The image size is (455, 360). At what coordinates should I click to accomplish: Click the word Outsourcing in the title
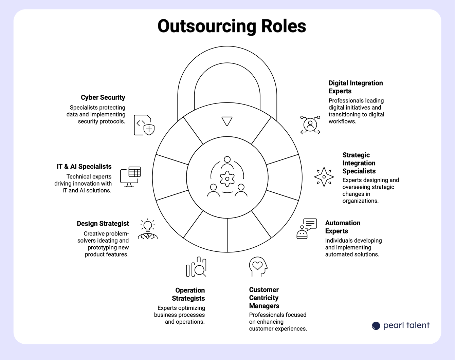[206, 26]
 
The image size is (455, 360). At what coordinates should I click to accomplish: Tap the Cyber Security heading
[103, 97]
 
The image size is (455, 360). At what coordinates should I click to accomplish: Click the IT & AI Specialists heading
[84, 167]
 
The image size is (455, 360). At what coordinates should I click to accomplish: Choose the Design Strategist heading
[103, 224]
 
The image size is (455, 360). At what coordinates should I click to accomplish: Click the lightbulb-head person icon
[148, 229]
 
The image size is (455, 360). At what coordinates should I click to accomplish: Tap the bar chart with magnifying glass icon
[196, 267]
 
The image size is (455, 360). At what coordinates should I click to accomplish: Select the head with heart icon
[258, 267]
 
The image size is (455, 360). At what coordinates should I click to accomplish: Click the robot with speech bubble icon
[306, 229]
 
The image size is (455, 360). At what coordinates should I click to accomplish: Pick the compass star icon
[324, 177]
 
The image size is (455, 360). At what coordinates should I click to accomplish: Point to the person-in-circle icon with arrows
[310, 125]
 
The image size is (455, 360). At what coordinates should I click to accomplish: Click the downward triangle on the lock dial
[227, 121]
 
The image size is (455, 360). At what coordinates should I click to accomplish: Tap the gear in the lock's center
[227, 178]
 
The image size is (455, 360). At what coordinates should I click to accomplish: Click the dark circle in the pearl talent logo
[376, 326]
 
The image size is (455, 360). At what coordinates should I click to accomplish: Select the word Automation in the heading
[343, 223]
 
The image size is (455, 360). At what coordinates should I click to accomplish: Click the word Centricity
[263, 298]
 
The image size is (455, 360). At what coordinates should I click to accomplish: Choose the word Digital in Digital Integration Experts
[338, 83]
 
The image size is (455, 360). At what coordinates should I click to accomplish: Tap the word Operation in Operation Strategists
[190, 290]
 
